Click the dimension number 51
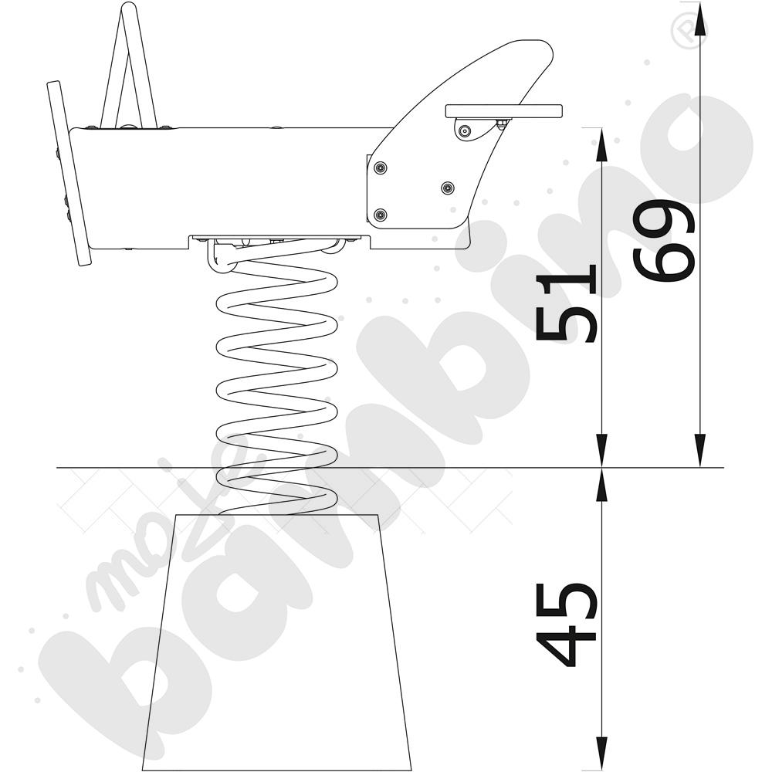(x=566, y=303)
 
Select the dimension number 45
(x=566, y=625)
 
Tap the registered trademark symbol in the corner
(x=688, y=31)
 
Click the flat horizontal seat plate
(x=503, y=111)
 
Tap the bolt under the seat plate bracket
(x=464, y=131)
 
